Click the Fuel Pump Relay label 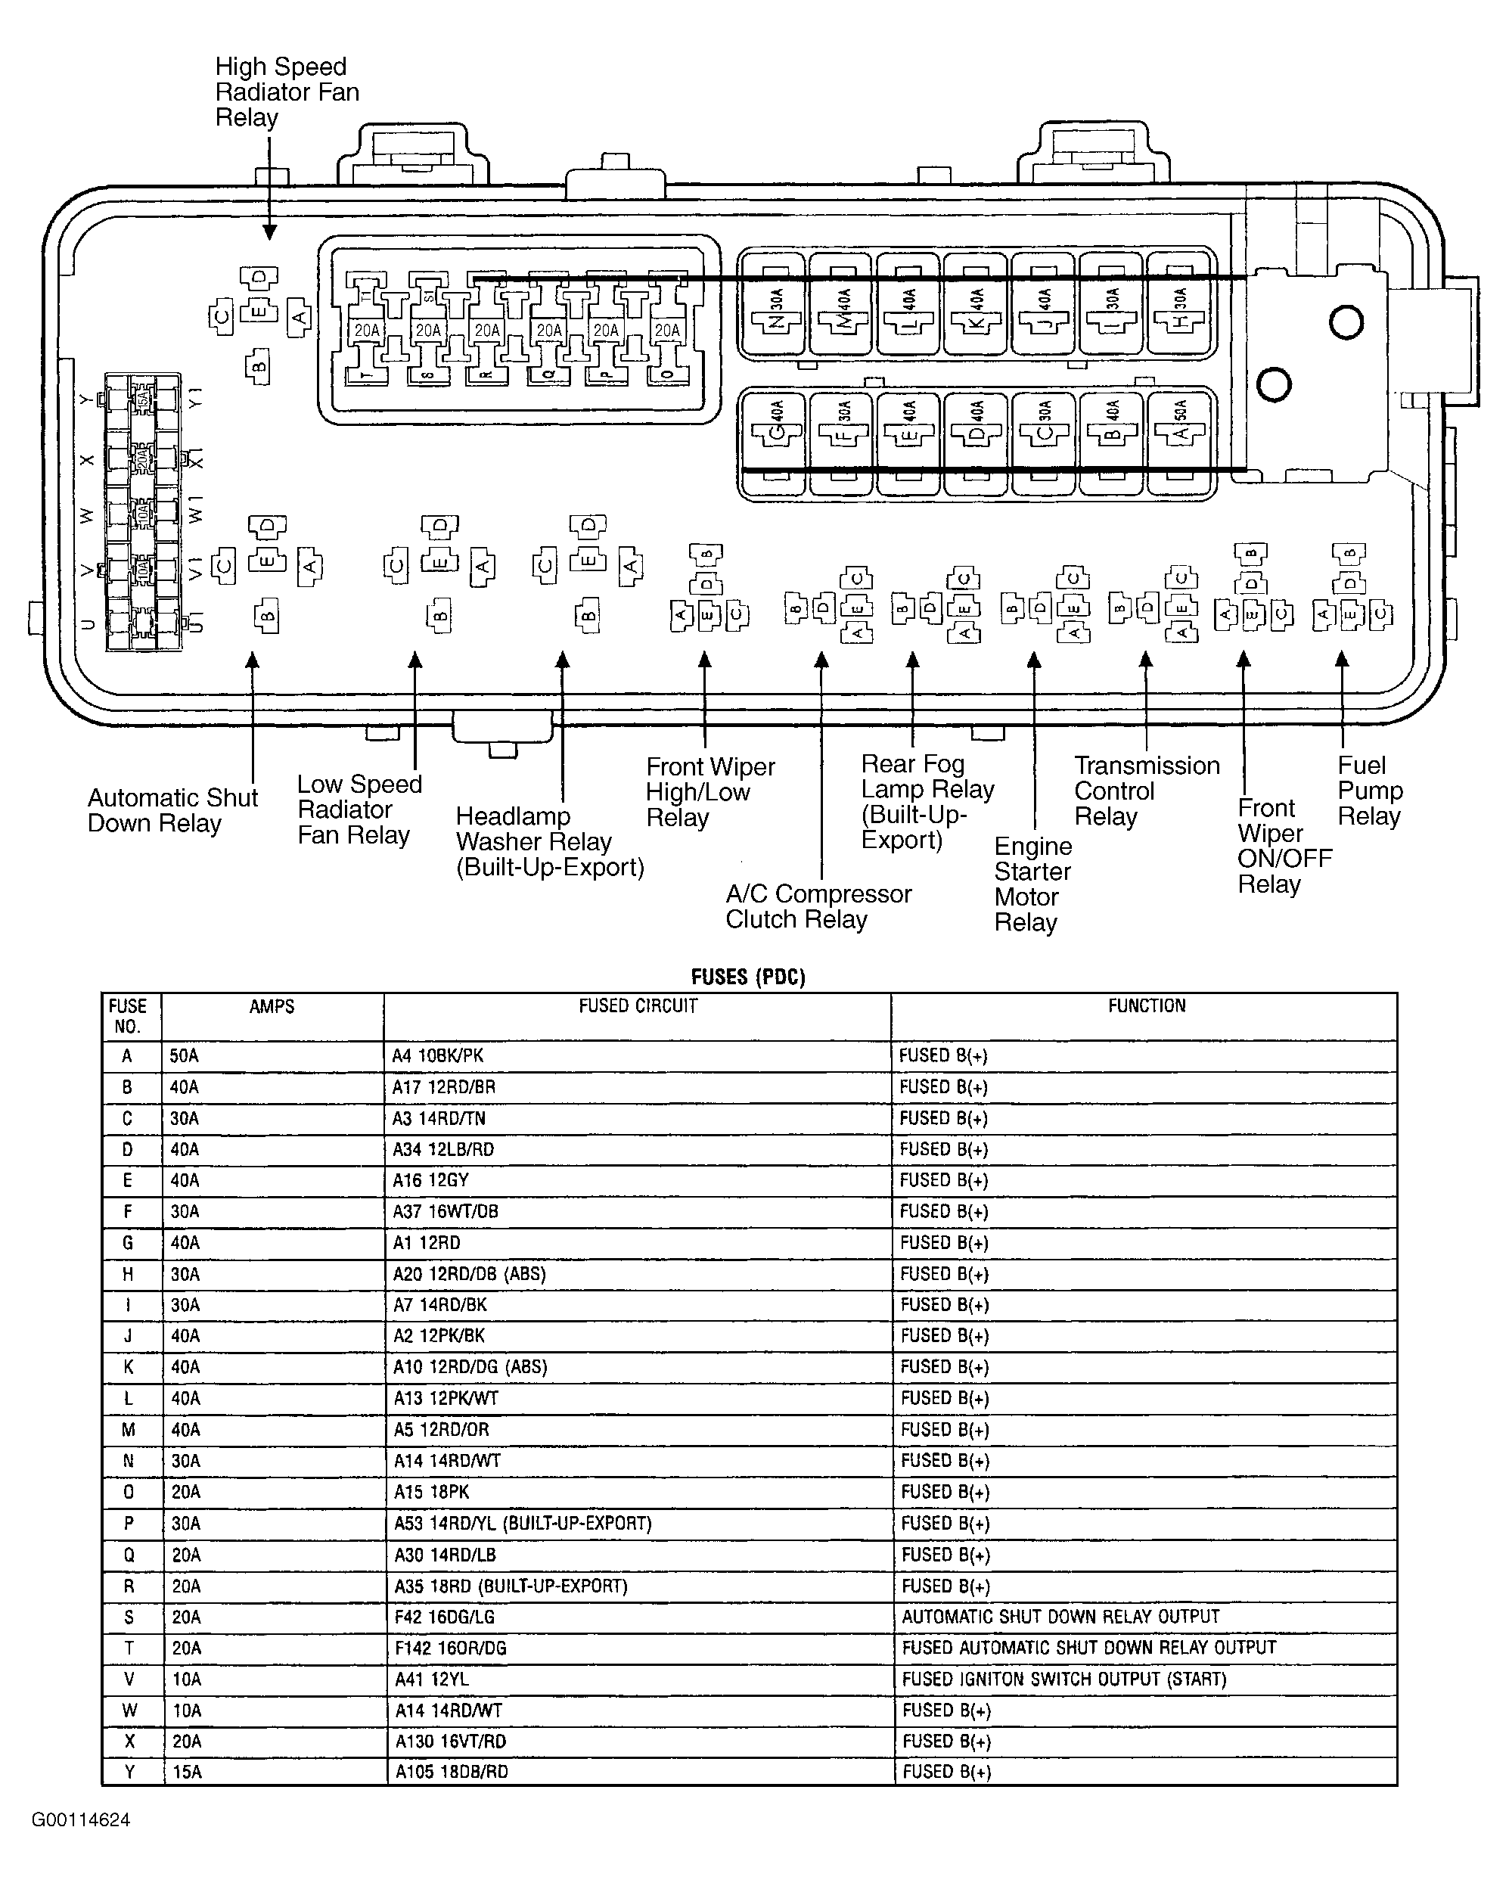tap(1369, 791)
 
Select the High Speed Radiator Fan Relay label tap(287, 92)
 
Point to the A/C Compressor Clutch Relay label tap(818, 906)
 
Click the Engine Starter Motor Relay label tap(1032, 884)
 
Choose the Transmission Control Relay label tap(1146, 791)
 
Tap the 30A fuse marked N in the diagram tap(775, 306)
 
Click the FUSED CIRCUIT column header tap(638, 1006)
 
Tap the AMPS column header tap(272, 1007)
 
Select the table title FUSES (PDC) tap(747, 977)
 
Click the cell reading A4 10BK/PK tap(437, 1056)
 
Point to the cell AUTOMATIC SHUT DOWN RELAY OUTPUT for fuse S tap(1060, 1617)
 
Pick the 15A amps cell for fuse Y tap(186, 1772)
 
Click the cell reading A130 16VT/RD tap(451, 1742)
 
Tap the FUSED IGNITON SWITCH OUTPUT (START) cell tap(1063, 1679)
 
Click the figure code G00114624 tap(81, 1821)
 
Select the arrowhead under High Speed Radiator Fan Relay tap(270, 231)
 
